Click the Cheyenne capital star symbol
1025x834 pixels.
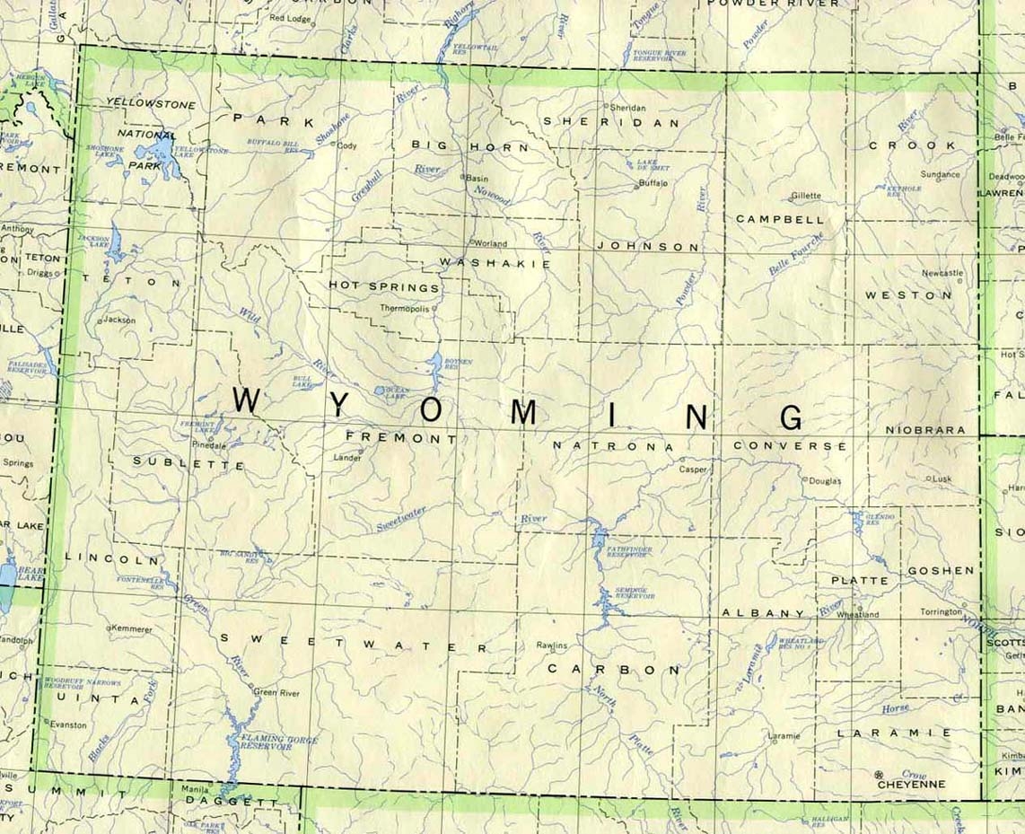(879, 774)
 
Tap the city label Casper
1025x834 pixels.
(693, 469)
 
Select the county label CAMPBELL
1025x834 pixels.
(767, 218)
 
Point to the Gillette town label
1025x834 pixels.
(805, 196)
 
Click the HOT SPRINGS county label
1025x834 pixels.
(384, 286)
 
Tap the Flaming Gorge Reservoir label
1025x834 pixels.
(267, 742)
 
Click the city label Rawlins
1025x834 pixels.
(552, 645)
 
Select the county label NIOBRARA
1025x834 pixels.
(925, 430)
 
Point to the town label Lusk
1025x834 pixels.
(941, 478)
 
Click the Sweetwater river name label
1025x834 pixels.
(401, 517)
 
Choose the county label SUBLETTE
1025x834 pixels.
(188, 464)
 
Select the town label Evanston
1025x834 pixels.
(68, 724)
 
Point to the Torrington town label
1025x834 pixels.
(941, 612)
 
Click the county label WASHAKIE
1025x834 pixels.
(495, 263)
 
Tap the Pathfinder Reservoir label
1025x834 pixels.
(629, 551)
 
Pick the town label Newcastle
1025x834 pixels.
(942, 273)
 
